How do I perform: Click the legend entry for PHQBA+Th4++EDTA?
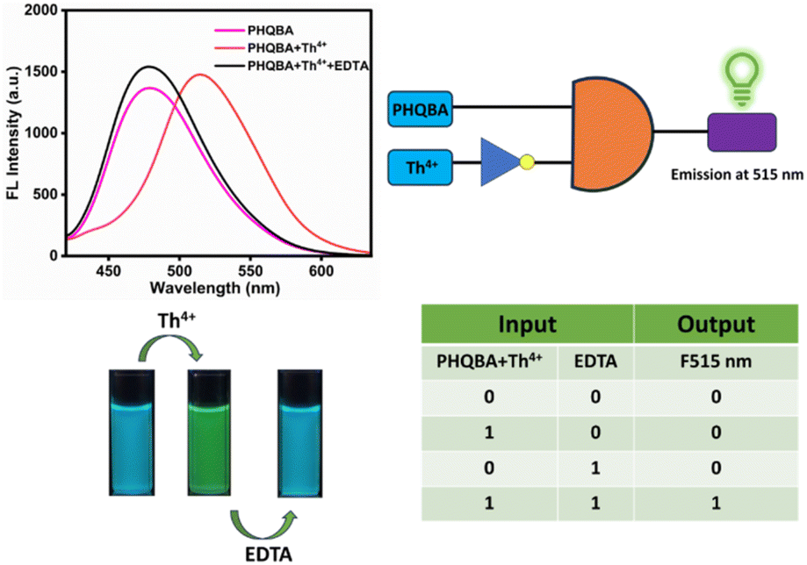pyautogui.click(x=292, y=66)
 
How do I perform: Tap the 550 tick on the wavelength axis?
pyautogui.click(x=250, y=270)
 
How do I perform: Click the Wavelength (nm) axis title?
pyautogui.click(x=215, y=288)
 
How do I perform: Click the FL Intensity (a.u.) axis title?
pyautogui.click(x=13, y=132)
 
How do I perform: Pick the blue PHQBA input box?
pyautogui.click(x=420, y=109)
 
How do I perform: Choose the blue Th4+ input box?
pyautogui.click(x=420, y=168)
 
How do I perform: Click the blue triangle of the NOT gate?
pyautogui.click(x=501, y=162)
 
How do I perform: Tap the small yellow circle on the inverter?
pyautogui.click(x=527, y=162)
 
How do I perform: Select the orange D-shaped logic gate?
pyautogui.click(x=612, y=134)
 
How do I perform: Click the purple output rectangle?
pyautogui.click(x=742, y=132)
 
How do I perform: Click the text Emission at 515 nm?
pyautogui.click(x=737, y=175)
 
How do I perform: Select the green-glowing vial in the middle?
pyautogui.click(x=209, y=433)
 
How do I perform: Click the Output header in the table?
pyautogui.click(x=716, y=324)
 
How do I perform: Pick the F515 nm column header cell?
pyautogui.click(x=716, y=361)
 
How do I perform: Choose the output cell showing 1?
pyautogui.click(x=716, y=503)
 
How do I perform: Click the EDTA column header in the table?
pyautogui.click(x=595, y=361)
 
